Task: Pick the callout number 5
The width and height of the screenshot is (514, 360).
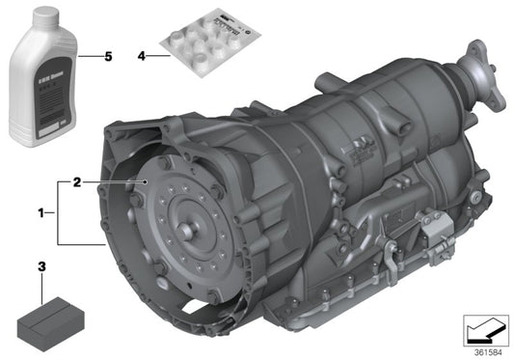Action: pos(108,57)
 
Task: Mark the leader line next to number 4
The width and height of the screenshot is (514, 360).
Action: pos(157,57)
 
